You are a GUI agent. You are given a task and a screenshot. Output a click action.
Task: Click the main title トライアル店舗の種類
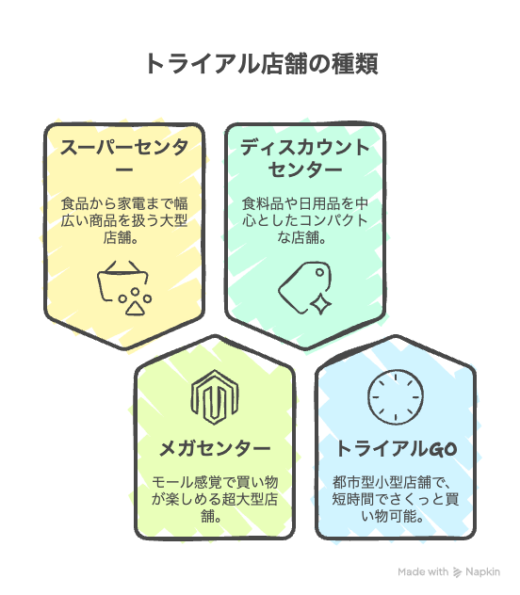262,64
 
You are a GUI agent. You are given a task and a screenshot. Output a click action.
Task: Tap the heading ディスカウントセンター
305,158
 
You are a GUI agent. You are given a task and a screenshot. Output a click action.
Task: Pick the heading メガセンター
215,448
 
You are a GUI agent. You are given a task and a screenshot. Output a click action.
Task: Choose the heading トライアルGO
396,448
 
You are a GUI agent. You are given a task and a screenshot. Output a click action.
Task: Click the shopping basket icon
122,281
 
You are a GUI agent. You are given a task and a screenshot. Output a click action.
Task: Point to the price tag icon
304,287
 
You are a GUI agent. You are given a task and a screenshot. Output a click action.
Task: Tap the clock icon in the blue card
396,397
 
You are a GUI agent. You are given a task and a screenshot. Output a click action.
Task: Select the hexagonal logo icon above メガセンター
215,397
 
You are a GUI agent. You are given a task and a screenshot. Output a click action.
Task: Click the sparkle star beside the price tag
320,304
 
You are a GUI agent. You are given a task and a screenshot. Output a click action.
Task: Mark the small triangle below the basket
135,308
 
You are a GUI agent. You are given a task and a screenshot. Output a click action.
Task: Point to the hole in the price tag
320,272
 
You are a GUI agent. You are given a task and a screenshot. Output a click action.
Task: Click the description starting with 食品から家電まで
124,220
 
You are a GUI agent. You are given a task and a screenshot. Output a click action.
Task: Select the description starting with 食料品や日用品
305,220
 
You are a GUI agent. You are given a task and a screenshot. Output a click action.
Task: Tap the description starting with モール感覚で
215,499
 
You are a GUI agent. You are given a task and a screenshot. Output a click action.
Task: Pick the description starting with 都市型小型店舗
396,499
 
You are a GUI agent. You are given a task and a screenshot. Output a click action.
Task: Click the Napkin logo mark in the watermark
458,572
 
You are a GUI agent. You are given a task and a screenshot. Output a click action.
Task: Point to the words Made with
423,571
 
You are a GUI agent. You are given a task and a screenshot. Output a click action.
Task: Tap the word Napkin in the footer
483,572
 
